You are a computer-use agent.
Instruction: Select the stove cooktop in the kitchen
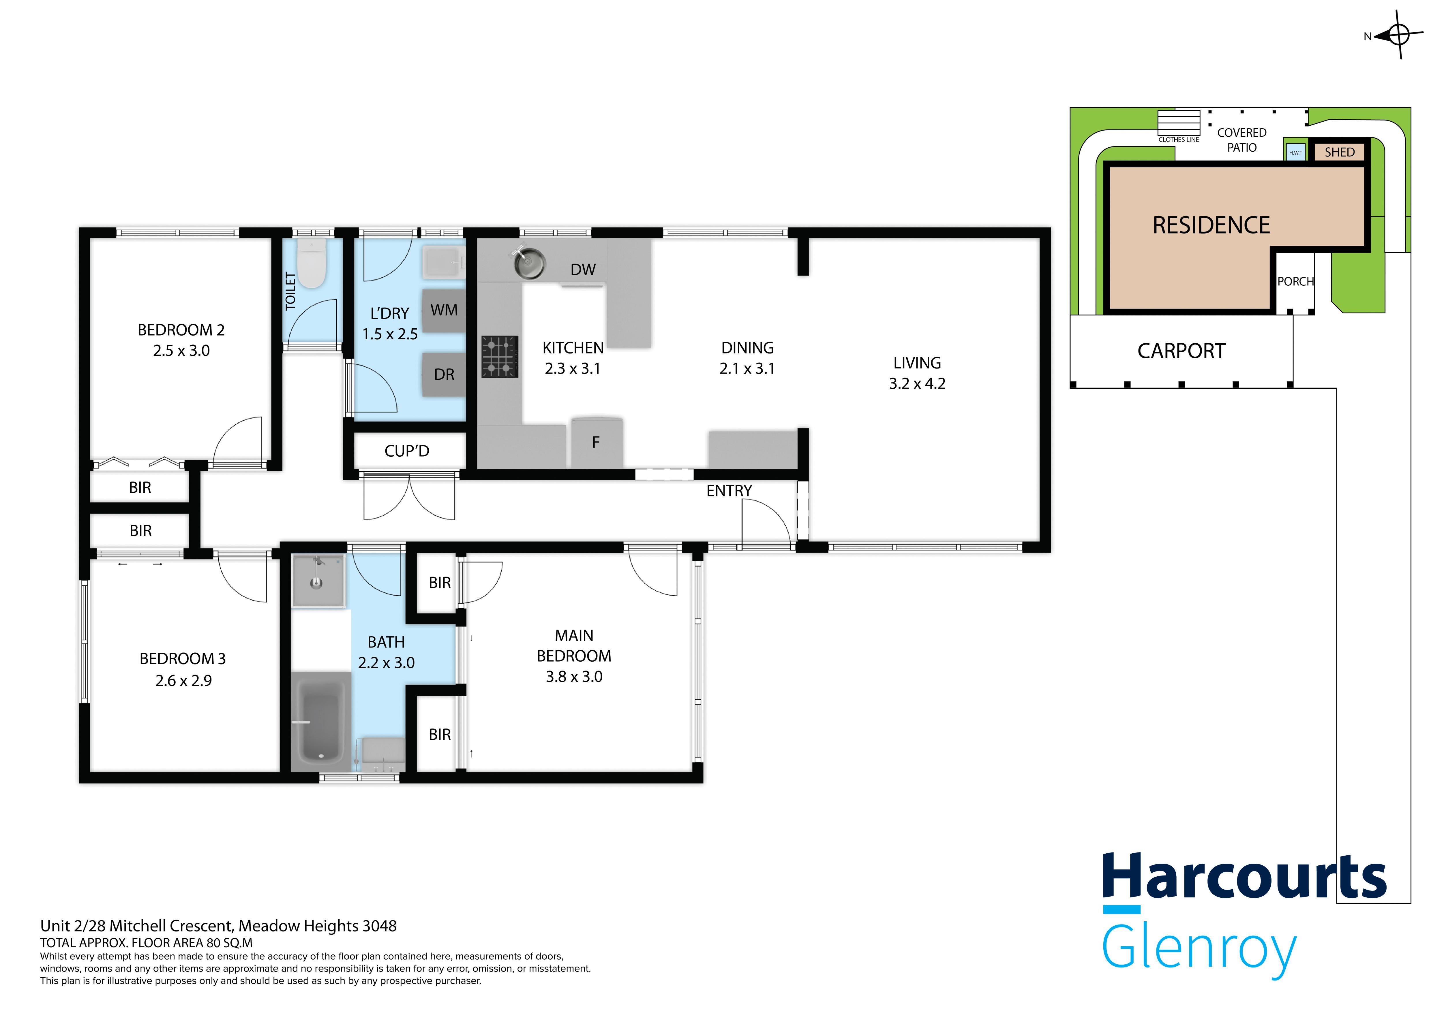499,357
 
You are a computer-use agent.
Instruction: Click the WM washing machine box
444,310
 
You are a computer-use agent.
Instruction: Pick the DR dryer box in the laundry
444,374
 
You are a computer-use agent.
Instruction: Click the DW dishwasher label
583,270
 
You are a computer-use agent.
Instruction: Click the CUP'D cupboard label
406,451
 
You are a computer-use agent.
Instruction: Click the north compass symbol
1399,35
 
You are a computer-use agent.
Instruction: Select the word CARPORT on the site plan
1181,351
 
